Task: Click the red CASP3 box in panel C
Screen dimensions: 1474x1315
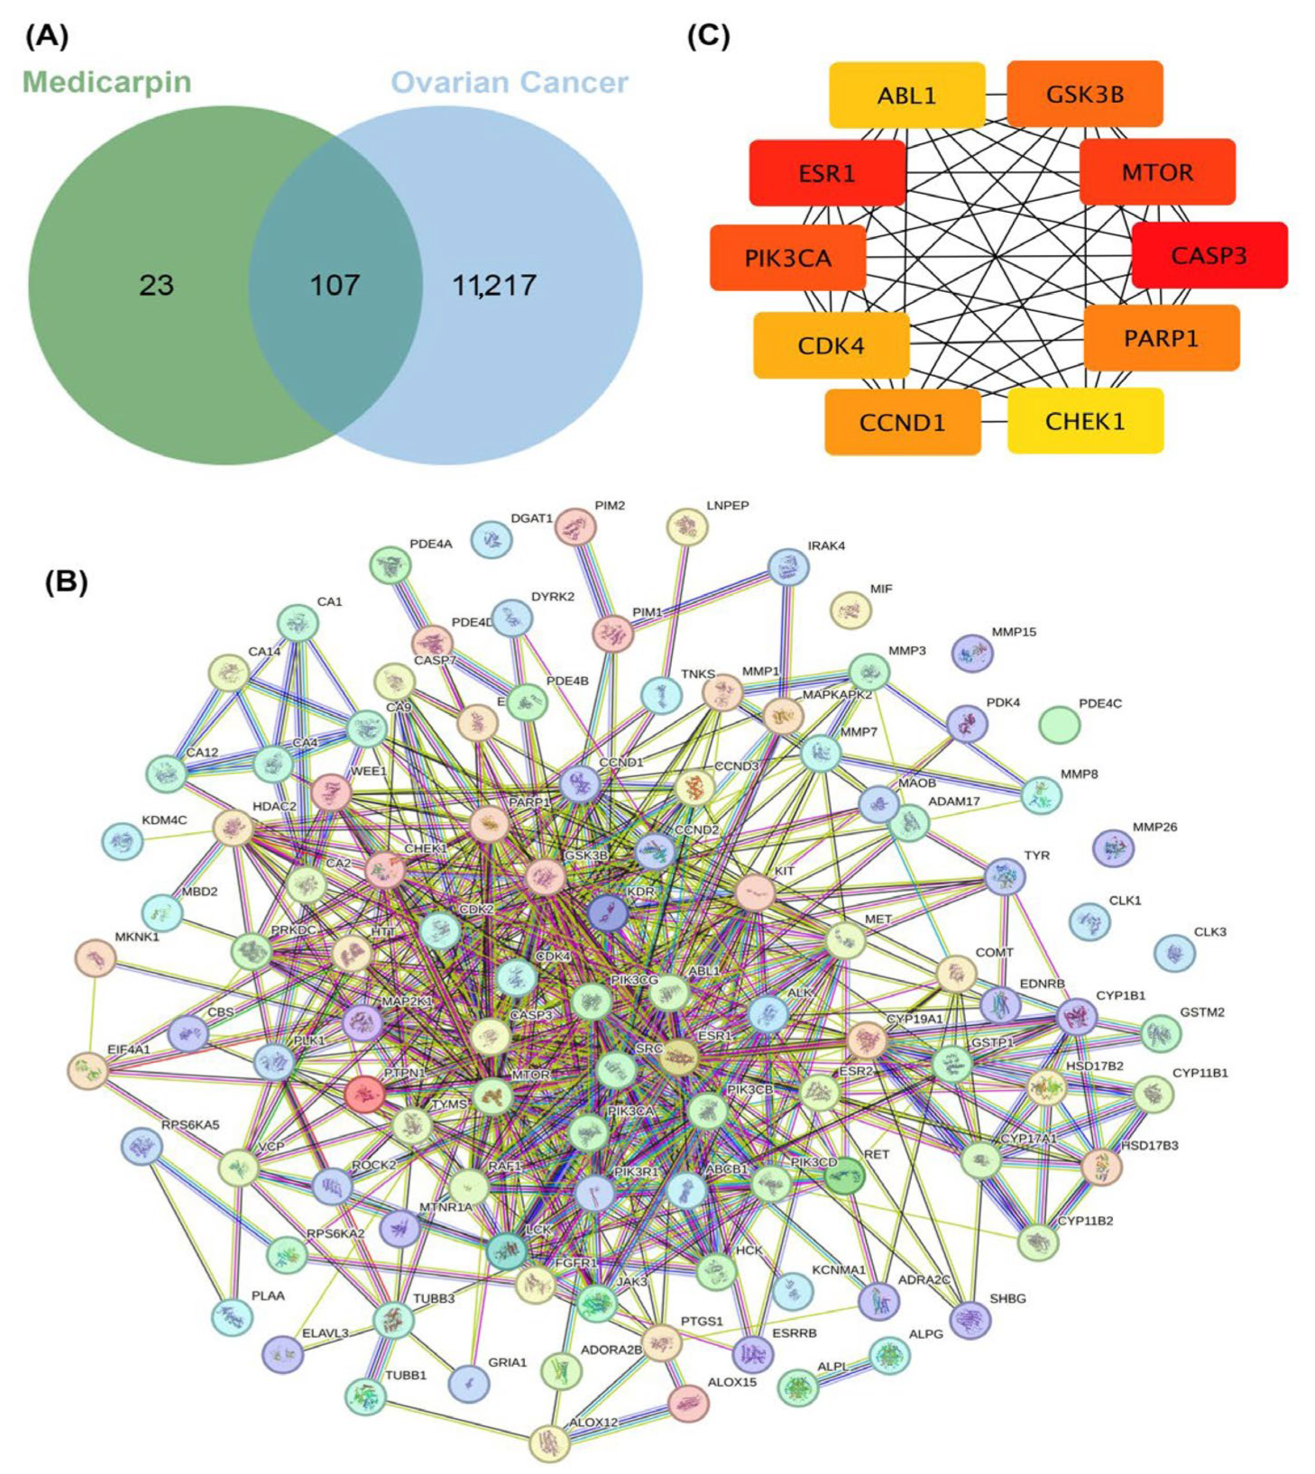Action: pos(1209,255)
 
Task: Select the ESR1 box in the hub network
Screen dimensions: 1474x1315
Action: pos(827,172)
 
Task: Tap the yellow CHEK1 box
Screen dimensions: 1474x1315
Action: pos(1085,421)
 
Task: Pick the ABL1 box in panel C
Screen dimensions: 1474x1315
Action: pos(906,95)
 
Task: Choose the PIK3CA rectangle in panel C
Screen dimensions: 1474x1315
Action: pos(787,258)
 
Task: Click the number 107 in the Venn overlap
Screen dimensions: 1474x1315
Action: pos(335,286)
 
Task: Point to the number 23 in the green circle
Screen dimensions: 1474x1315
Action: pos(156,286)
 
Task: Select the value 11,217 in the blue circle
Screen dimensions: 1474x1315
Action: pos(493,286)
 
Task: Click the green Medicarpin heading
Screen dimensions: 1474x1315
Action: pos(106,82)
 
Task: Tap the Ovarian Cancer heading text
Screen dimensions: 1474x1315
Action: pos(509,82)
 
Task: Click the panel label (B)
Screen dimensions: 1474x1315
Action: pos(66,582)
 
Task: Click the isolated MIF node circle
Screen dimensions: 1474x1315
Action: pos(850,610)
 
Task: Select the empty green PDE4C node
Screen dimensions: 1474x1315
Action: pos(1060,725)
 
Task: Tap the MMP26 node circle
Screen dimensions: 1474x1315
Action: pos(1113,848)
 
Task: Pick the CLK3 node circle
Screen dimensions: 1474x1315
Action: pos(1174,953)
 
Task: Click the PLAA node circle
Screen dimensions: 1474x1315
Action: pos(232,1317)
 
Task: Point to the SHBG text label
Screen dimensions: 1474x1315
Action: pos(1007,1298)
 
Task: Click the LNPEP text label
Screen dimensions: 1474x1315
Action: pos(727,506)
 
